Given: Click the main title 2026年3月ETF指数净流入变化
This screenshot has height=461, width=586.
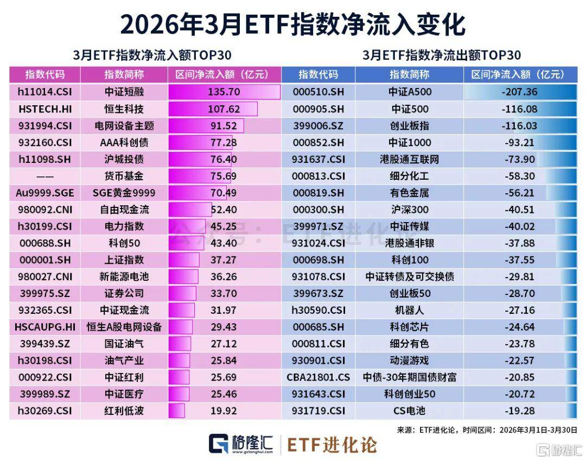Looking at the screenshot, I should [292, 24].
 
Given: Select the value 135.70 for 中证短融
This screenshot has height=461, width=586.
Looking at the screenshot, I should [224, 92].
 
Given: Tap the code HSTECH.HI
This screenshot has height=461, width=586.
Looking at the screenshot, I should [45, 109].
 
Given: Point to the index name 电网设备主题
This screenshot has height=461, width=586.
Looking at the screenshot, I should [124, 126].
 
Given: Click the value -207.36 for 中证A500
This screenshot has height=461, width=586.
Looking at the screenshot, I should [519, 92].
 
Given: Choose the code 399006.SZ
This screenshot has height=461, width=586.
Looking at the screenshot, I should [319, 126].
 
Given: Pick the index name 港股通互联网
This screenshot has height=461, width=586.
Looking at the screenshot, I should [409, 160].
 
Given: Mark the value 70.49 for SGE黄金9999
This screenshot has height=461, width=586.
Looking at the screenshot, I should [224, 193].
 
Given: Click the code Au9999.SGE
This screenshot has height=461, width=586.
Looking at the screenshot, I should [45, 193].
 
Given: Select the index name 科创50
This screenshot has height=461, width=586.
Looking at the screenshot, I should [124, 243].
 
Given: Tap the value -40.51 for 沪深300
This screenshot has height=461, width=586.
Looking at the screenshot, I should [519, 210].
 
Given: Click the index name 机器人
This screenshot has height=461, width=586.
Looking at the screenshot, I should [409, 310].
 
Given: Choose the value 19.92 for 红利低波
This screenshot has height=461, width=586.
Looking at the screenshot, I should [224, 411].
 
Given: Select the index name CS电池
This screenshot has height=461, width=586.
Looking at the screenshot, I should [409, 411].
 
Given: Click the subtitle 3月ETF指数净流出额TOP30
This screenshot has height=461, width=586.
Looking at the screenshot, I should [441, 55].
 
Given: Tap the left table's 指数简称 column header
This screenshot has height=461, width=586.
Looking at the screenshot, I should [124, 75].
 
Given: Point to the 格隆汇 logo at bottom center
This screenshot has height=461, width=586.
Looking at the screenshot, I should [244, 444].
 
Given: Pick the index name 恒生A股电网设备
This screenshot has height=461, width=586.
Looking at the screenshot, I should [124, 327].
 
